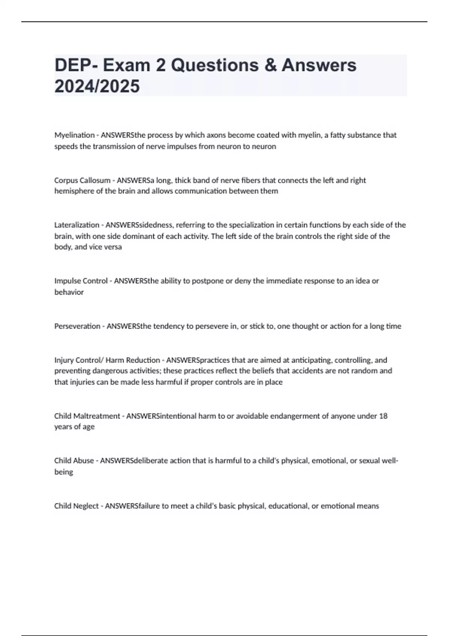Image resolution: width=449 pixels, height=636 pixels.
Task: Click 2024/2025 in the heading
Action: (97, 86)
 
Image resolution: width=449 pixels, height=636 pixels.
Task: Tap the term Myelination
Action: (74, 135)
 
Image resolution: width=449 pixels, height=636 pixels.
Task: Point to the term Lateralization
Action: (77, 225)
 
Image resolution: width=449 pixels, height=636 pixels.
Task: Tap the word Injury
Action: (64, 360)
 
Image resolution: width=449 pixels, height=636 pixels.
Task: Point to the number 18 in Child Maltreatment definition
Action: (383, 416)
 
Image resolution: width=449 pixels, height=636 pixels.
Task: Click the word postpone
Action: (208, 281)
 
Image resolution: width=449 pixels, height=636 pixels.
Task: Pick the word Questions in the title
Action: (215, 65)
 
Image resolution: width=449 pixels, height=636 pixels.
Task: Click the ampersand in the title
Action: (270, 65)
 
